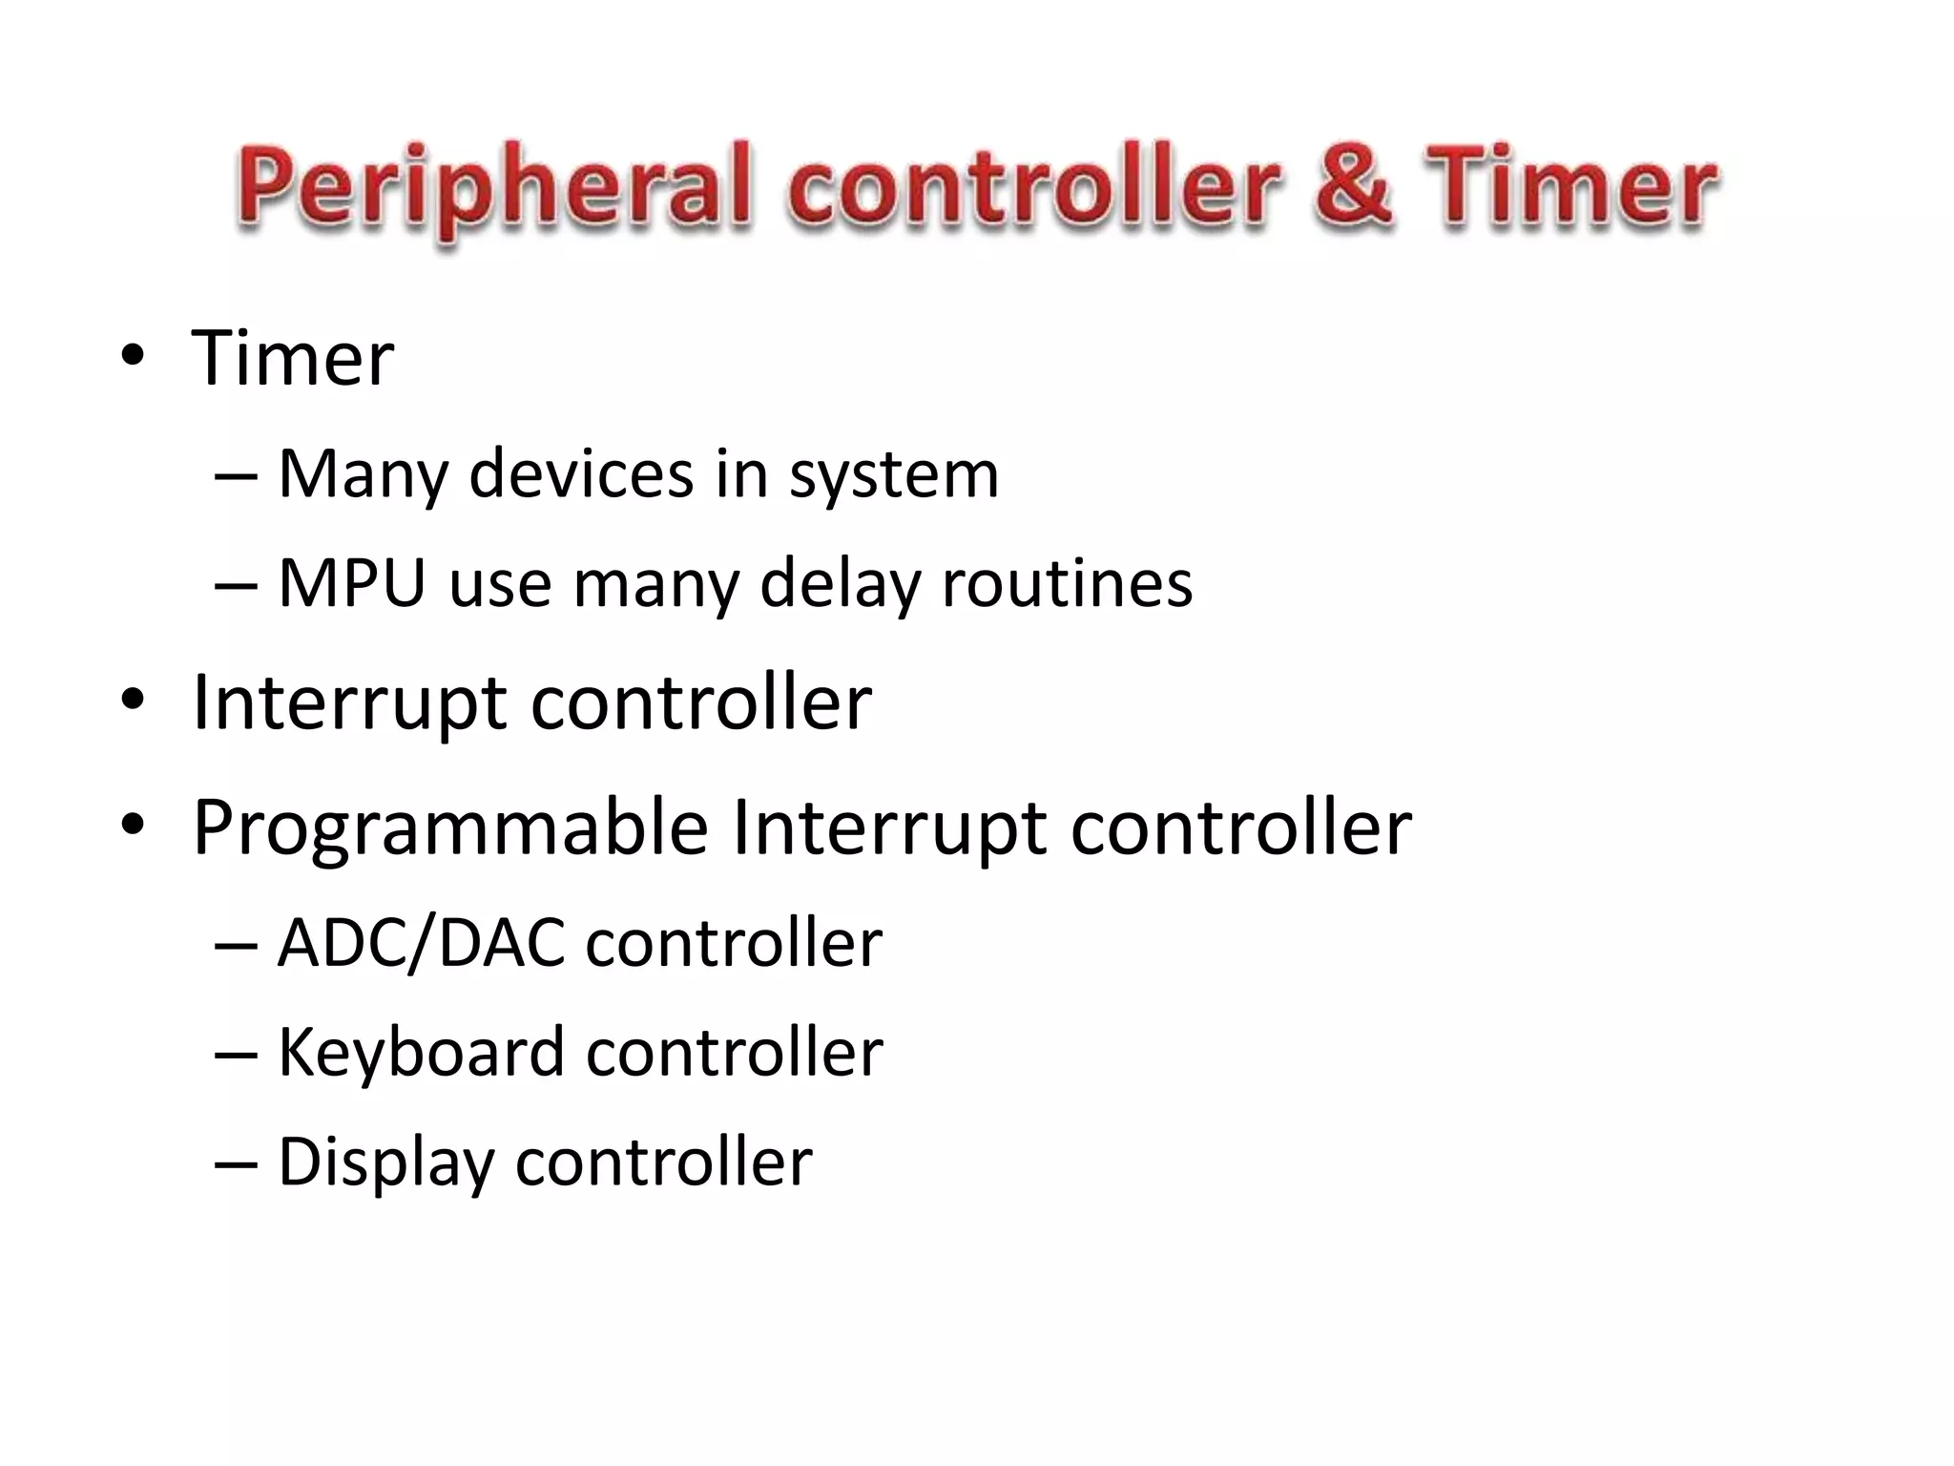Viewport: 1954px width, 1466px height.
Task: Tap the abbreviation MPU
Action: (351, 582)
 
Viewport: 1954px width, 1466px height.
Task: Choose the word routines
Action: (1067, 582)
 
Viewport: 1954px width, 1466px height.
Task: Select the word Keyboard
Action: (421, 1052)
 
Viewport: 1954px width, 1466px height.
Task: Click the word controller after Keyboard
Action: (734, 1052)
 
